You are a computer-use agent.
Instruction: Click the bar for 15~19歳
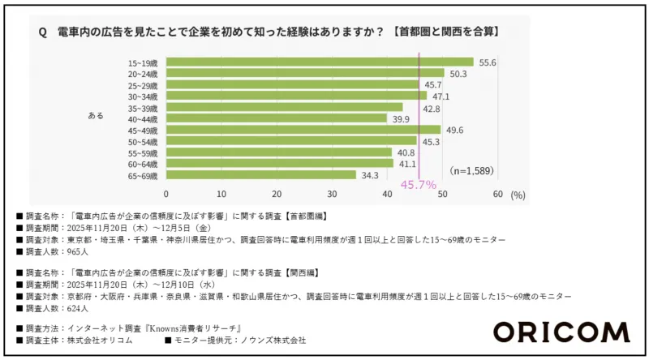tap(320, 62)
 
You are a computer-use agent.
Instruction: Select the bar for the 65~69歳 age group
tap(261, 174)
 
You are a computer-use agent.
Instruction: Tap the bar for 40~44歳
tap(277, 118)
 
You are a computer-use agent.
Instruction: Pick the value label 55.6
tap(488, 62)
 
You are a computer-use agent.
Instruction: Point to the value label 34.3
tap(371, 174)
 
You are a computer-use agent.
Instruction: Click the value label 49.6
tap(455, 130)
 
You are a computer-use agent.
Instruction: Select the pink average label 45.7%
tap(419, 185)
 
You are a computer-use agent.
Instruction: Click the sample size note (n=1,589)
tap(471, 170)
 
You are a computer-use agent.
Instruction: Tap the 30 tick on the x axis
tap(332, 195)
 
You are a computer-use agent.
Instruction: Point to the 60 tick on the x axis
tap(497, 195)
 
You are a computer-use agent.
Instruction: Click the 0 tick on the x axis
tap(166, 195)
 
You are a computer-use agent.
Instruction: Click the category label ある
tap(96, 116)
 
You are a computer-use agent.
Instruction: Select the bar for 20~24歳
tap(305, 74)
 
